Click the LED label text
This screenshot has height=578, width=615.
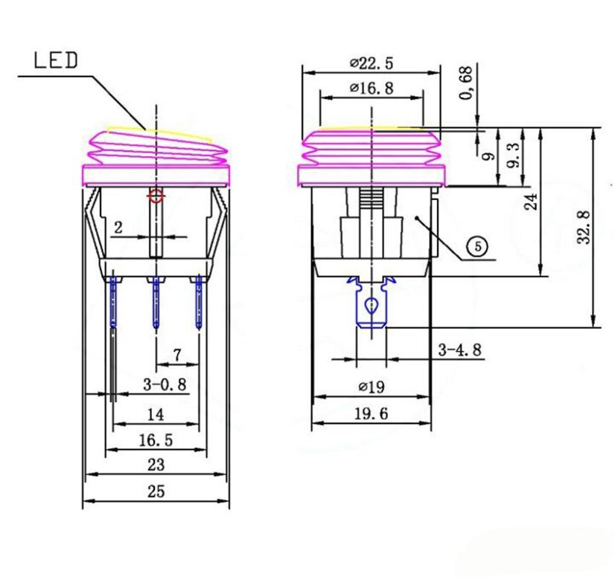coord(57,60)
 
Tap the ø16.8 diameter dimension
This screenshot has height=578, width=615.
coord(372,89)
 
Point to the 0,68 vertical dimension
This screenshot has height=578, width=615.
coord(467,83)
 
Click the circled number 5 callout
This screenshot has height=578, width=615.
coord(477,246)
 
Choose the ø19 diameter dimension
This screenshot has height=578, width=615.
coord(370,387)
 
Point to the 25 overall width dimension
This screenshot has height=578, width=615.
coord(156,491)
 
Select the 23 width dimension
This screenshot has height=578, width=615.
coord(156,465)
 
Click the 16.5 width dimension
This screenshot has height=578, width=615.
coord(156,440)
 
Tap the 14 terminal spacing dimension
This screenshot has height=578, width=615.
coord(156,414)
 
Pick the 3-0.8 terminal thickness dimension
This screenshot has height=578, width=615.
coord(165,385)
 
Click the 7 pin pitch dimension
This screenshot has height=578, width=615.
coord(177,356)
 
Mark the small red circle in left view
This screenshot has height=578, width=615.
coord(156,196)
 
